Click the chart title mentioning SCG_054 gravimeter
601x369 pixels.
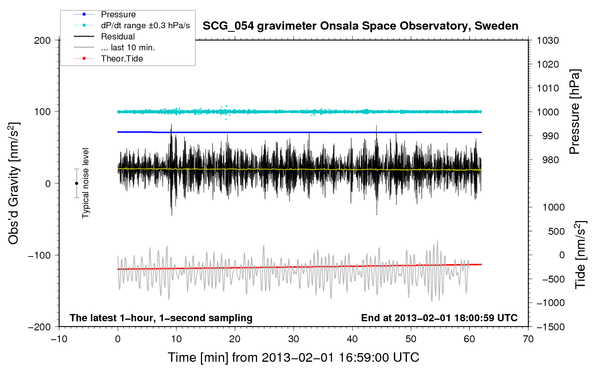click(x=360, y=26)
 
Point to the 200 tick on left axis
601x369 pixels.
click(x=42, y=41)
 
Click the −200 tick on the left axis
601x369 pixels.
click(x=39, y=327)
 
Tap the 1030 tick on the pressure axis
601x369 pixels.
click(x=548, y=41)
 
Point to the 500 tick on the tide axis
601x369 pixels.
click(x=556, y=231)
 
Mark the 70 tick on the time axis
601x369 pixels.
click(x=528, y=339)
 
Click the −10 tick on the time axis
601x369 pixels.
click(x=59, y=339)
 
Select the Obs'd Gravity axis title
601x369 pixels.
click(x=13, y=183)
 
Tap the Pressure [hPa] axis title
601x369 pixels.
click(x=575, y=112)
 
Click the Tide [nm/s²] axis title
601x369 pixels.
click(x=581, y=255)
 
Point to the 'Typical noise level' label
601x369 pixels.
click(x=85, y=183)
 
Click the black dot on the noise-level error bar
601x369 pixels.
click(x=76, y=183)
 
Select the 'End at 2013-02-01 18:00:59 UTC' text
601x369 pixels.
click(x=439, y=318)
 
